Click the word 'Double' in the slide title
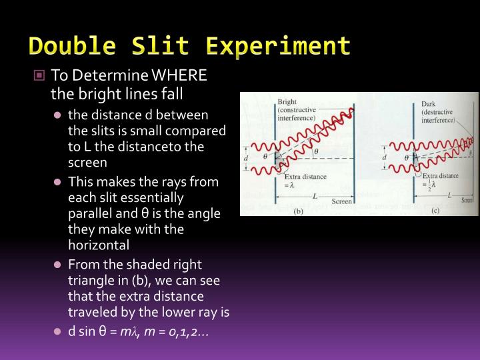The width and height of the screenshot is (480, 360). [x=67, y=46]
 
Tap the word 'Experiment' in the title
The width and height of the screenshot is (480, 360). [x=279, y=46]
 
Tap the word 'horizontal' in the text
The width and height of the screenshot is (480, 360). [x=99, y=245]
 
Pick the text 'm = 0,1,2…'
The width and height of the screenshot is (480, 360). [x=181, y=332]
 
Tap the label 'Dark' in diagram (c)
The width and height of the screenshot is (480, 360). [x=428, y=104]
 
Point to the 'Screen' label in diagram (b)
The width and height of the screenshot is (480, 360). [x=341, y=201]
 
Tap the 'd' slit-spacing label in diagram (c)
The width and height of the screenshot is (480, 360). [x=384, y=158]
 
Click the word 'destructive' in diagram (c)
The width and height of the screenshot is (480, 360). [x=437, y=113]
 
